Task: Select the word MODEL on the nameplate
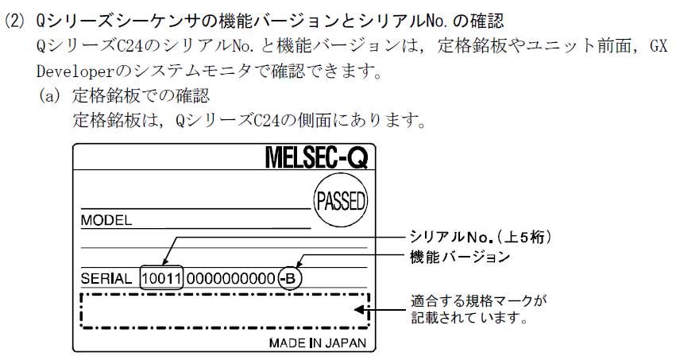click(x=106, y=220)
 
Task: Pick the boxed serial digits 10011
click(x=161, y=279)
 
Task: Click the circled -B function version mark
click(x=290, y=279)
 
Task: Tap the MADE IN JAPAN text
click(x=318, y=343)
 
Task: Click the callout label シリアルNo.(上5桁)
click(x=480, y=237)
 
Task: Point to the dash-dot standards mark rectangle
click(x=225, y=310)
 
